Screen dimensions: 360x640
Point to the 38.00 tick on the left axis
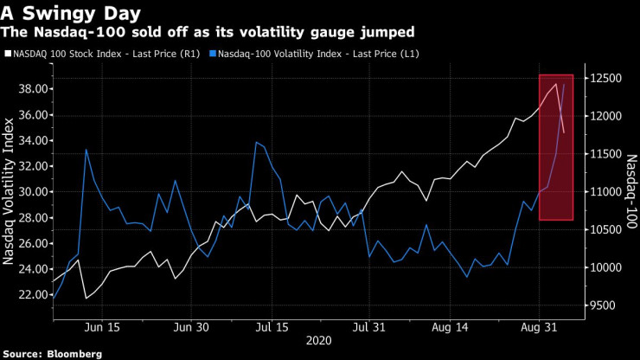point(34,89)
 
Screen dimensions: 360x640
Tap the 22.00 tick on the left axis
point(34,294)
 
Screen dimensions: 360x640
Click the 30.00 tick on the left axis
point(34,191)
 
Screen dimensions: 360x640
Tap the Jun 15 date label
point(103,328)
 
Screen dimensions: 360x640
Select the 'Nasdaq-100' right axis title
point(630,191)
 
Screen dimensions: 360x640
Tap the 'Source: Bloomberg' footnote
point(52,353)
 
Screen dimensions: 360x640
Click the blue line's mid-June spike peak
point(86,150)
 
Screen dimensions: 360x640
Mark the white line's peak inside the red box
point(556,84)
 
